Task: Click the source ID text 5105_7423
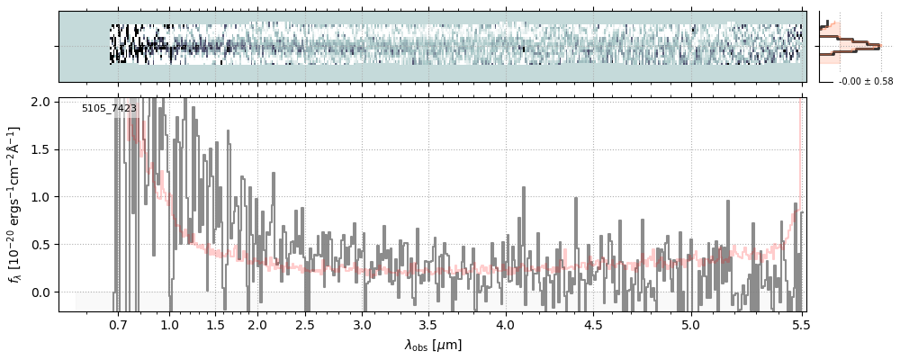point(109,108)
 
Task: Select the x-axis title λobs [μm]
point(433,345)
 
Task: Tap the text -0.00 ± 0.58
point(865,82)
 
